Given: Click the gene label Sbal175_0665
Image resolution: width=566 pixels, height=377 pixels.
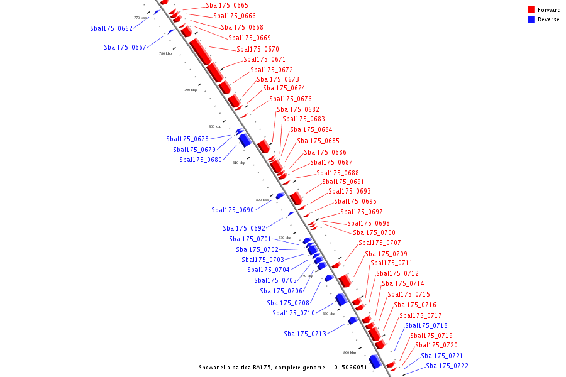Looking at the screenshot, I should click(226, 5).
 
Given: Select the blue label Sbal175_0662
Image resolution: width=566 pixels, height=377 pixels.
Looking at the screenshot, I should click(111, 28).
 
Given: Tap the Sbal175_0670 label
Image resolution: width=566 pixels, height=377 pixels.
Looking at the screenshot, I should click(258, 49).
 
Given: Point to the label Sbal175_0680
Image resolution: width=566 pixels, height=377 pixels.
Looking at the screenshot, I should click(201, 160).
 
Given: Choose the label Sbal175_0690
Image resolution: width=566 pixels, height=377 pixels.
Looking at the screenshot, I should click(233, 210).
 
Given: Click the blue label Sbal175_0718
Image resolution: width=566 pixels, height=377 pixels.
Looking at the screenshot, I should click(426, 325).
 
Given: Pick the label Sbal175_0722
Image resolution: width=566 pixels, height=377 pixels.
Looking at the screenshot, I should click(447, 366).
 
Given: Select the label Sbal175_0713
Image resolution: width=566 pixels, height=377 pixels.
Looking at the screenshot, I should click(305, 334).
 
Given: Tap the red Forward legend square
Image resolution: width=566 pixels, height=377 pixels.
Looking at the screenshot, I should click(531, 9).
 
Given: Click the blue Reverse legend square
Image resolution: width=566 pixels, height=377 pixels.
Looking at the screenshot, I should click(531, 19).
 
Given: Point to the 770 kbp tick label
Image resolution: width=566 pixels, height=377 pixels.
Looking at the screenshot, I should click(140, 18).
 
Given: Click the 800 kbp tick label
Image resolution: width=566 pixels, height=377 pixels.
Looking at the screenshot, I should click(215, 126).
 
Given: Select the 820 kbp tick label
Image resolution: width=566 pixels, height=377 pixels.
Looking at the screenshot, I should click(262, 200).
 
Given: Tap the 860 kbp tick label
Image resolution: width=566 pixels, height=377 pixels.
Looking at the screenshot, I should click(350, 352).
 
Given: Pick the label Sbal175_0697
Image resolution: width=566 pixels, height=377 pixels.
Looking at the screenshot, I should click(362, 212).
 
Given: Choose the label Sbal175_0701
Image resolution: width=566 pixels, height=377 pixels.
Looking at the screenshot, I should click(250, 239).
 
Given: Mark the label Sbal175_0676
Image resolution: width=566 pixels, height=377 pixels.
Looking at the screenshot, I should click(291, 99).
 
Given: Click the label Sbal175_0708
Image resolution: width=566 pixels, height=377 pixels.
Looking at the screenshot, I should click(288, 303).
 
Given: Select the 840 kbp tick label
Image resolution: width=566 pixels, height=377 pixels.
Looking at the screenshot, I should click(307, 276).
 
